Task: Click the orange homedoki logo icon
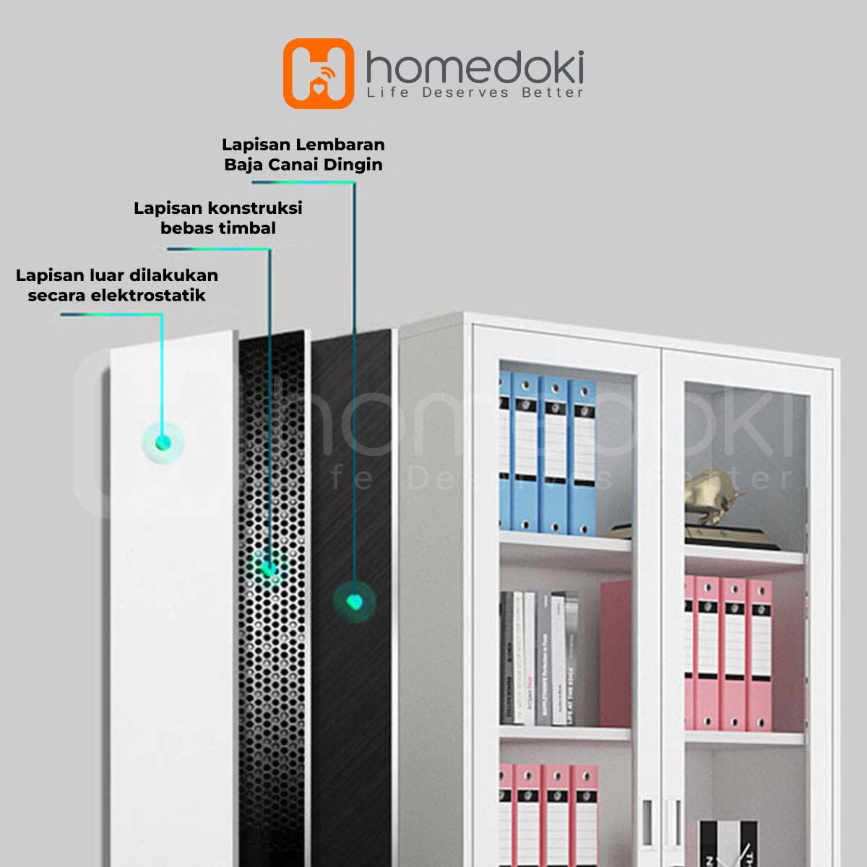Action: tap(319, 74)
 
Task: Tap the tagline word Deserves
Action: tap(465, 92)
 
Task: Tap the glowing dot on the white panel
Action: tap(163, 441)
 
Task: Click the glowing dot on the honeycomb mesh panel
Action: tap(269, 569)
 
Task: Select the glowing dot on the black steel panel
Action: tap(354, 601)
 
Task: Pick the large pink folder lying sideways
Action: tap(616, 654)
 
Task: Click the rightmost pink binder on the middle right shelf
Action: tap(759, 654)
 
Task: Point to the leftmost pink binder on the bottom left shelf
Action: tap(505, 813)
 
